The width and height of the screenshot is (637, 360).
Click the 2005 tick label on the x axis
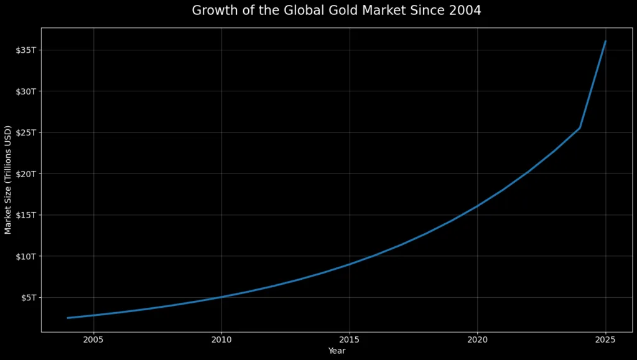tap(93, 340)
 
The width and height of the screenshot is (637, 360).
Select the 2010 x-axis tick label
tap(221, 340)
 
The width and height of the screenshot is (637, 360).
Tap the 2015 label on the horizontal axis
tap(350, 340)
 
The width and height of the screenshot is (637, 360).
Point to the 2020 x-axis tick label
tap(477, 340)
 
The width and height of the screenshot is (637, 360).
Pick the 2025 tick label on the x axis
tap(605, 340)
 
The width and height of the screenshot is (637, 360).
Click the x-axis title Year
tap(337, 351)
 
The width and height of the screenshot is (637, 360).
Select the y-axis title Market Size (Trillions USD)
tap(8, 180)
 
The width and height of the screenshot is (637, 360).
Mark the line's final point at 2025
tap(605, 41)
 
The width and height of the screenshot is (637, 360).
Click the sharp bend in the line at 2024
tap(580, 128)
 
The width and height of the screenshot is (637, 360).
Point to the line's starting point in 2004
tap(68, 318)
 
